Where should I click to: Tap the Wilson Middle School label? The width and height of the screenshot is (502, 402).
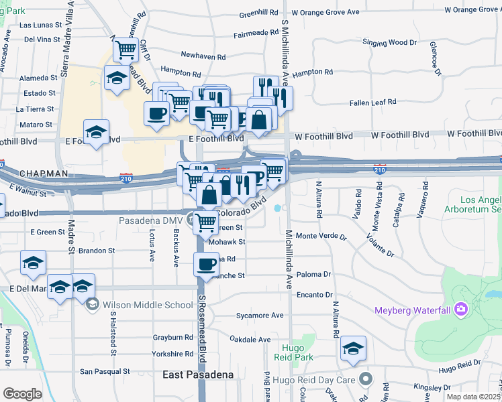pos(148,305)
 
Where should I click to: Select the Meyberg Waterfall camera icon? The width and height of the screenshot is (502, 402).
pos(461,309)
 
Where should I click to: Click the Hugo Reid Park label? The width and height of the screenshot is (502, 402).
pos(303,353)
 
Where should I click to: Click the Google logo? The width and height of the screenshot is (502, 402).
pos(22,394)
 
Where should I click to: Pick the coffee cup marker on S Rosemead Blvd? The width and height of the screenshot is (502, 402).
pos(207,263)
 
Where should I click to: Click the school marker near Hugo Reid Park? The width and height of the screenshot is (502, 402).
pos(353,348)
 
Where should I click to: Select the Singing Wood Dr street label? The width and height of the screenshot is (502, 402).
pos(389,42)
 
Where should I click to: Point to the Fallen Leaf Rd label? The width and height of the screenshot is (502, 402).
pos(372,103)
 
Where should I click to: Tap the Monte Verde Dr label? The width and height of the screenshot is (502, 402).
pos(321,237)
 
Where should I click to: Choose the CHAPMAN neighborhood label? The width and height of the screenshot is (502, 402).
pos(44,174)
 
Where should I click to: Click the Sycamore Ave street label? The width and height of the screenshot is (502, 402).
pos(260,315)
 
